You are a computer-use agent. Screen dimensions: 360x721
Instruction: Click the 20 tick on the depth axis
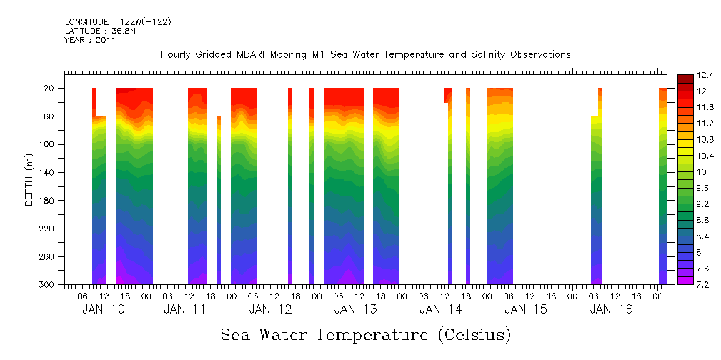[x=50, y=89]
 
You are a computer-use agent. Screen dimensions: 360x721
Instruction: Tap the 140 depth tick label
[x=48, y=173]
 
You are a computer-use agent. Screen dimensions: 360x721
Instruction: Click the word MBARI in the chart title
[x=257, y=55]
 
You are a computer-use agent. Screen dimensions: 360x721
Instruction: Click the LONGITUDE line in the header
[x=117, y=22]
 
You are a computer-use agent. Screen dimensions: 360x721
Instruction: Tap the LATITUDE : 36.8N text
[x=99, y=31]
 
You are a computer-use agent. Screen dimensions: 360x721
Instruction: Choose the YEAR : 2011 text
[x=89, y=40]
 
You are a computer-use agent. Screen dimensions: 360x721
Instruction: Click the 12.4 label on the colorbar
[x=705, y=75]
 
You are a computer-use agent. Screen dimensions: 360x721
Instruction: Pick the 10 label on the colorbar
[x=700, y=172]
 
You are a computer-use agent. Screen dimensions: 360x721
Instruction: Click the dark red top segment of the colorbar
[x=684, y=79]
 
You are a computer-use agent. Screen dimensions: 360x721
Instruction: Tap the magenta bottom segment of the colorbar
[x=684, y=281]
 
